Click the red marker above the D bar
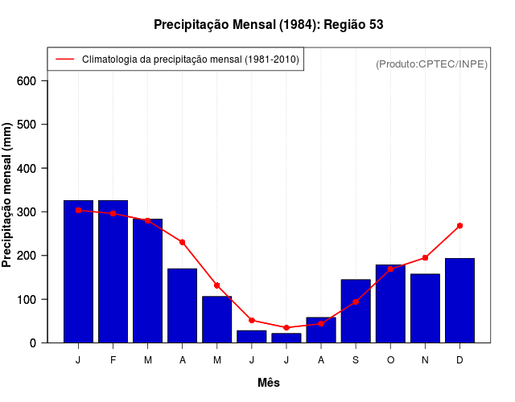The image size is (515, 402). click(459, 226)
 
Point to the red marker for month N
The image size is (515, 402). click(425, 258)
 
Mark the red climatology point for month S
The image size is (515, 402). click(356, 301)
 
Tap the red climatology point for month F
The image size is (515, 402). click(113, 213)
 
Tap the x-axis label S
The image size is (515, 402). click(356, 360)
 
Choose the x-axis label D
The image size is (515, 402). click(459, 360)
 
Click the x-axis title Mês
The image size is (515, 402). click(269, 383)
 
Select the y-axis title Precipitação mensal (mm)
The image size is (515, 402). click(8, 195)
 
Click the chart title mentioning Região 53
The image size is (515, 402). click(269, 25)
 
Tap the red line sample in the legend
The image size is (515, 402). click(65, 59)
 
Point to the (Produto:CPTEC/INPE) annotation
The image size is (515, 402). click(432, 64)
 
